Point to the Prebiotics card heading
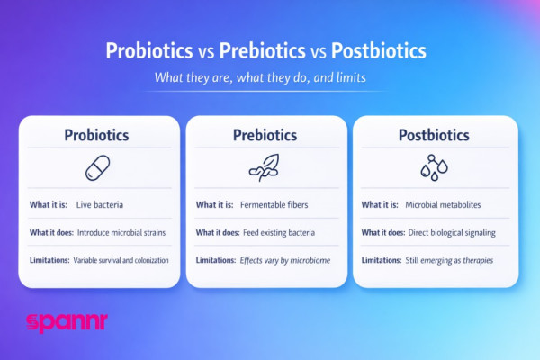(x=263, y=135)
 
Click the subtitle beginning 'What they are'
(x=269, y=78)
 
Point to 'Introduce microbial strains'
(x=121, y=232)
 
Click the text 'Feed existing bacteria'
(x=279, y=232)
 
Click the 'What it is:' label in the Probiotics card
(x=49, y=204)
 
